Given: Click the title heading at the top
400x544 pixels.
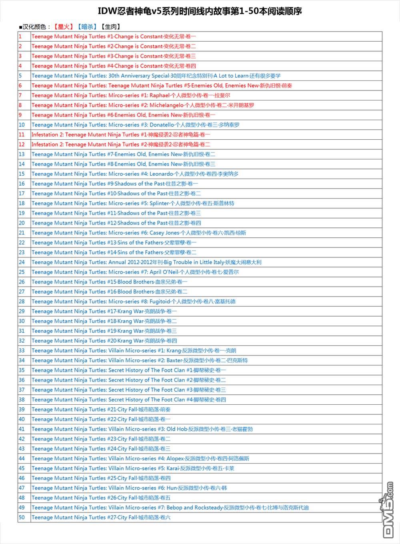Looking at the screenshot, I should tap(200, 11).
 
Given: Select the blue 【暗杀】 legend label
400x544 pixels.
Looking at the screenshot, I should tap(87, 27).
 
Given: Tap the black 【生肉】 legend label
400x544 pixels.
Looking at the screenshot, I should tap(110, 27).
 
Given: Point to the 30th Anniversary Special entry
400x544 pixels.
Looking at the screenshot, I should tap(156, 76).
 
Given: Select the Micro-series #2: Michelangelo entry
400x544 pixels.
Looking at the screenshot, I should tap(143, 105).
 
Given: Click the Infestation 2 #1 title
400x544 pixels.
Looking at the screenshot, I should tap(120, 134).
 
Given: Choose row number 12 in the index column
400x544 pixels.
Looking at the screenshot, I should tap(22, 145).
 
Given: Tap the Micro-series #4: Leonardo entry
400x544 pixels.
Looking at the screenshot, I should tap(135, 174).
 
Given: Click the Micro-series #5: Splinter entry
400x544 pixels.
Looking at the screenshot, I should tap(133, 203).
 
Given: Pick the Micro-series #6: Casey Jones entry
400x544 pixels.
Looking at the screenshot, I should tap(139, 233).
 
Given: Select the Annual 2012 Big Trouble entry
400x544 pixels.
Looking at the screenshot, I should tap(146, 262).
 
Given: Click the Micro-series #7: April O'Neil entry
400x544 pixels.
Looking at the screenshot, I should tap(135, 272).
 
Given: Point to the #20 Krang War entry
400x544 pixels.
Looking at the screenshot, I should tap(104, 341).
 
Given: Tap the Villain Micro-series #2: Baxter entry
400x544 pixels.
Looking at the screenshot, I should tap(140, 360).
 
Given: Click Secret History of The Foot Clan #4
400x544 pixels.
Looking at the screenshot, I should tap(129, 399).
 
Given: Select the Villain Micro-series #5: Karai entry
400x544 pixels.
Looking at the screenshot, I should tap(133, 468).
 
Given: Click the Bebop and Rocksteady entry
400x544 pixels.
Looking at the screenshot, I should tap(170, 508).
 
